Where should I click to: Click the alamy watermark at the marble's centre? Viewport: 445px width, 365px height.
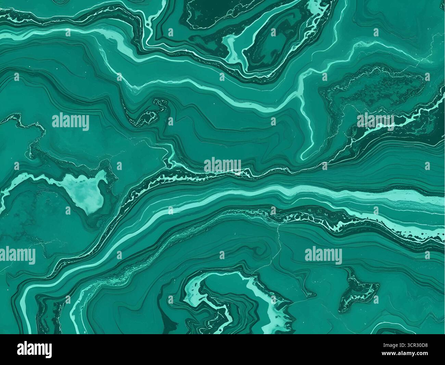tap(222, 166)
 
